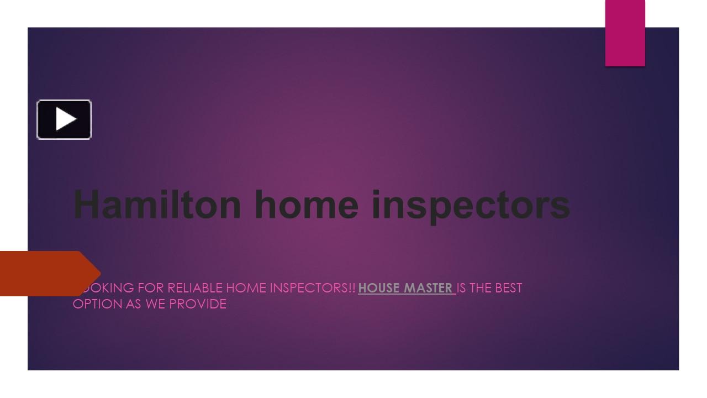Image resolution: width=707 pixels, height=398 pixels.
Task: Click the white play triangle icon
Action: point(65,119)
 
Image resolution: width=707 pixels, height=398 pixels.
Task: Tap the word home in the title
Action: point(307,204)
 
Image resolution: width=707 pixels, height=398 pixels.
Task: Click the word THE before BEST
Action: point(481,288)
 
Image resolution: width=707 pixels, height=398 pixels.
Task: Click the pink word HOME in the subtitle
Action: point(246,288)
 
